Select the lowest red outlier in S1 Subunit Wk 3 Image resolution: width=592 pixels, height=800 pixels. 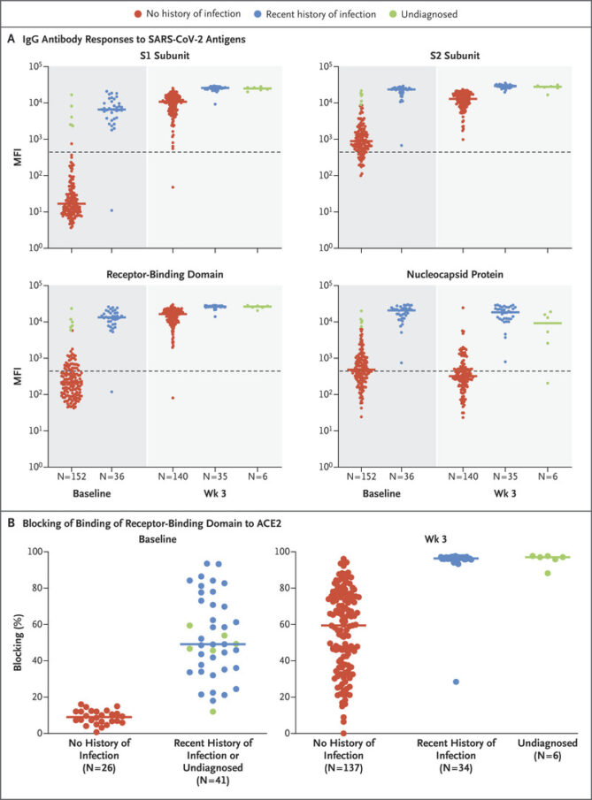coord(173,187)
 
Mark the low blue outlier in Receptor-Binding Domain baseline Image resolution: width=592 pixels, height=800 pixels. coord(111,392)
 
